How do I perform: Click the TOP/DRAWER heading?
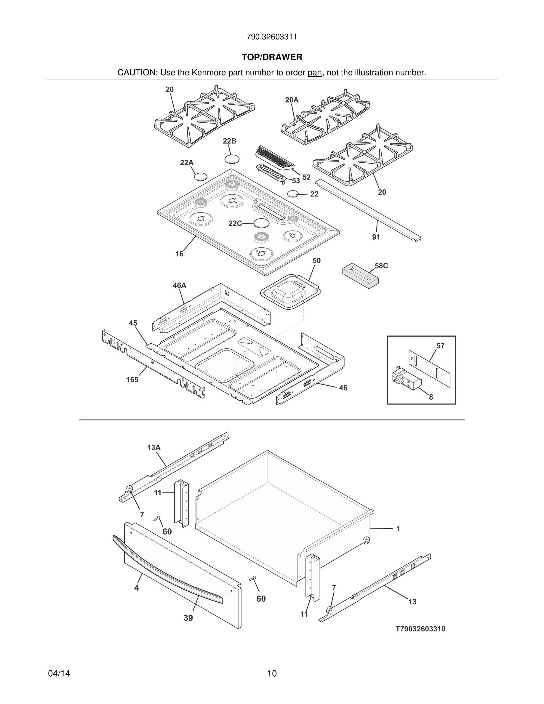tap(272, 57)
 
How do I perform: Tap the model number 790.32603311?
tap(272, 37)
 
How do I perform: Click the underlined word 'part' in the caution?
tap(315, 73)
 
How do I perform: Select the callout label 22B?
tap(229, 141)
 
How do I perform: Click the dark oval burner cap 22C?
tap(261, 223)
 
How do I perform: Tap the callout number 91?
tap(376, 237)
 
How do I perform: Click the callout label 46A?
tap(180, 285)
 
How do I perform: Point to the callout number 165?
tap(132, 380)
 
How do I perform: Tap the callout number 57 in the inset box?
tap(441, 346)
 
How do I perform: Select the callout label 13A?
tap(154, 447)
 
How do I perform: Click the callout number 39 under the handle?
tap(188, 618)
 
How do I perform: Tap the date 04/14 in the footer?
tap(59, 674)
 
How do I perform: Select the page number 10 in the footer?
tap(272, 674)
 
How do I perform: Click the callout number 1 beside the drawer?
tap(398, 529)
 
